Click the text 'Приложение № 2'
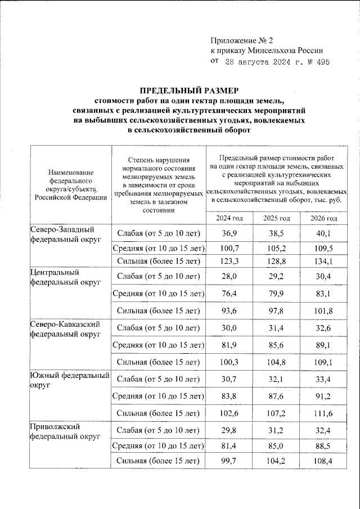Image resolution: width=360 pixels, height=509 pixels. point(241,40)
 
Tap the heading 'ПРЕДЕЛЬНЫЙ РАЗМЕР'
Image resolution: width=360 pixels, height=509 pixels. point(189,90)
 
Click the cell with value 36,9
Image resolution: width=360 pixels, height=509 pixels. point(229,233)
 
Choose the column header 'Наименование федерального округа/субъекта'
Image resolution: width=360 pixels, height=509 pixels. point(70,184)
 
